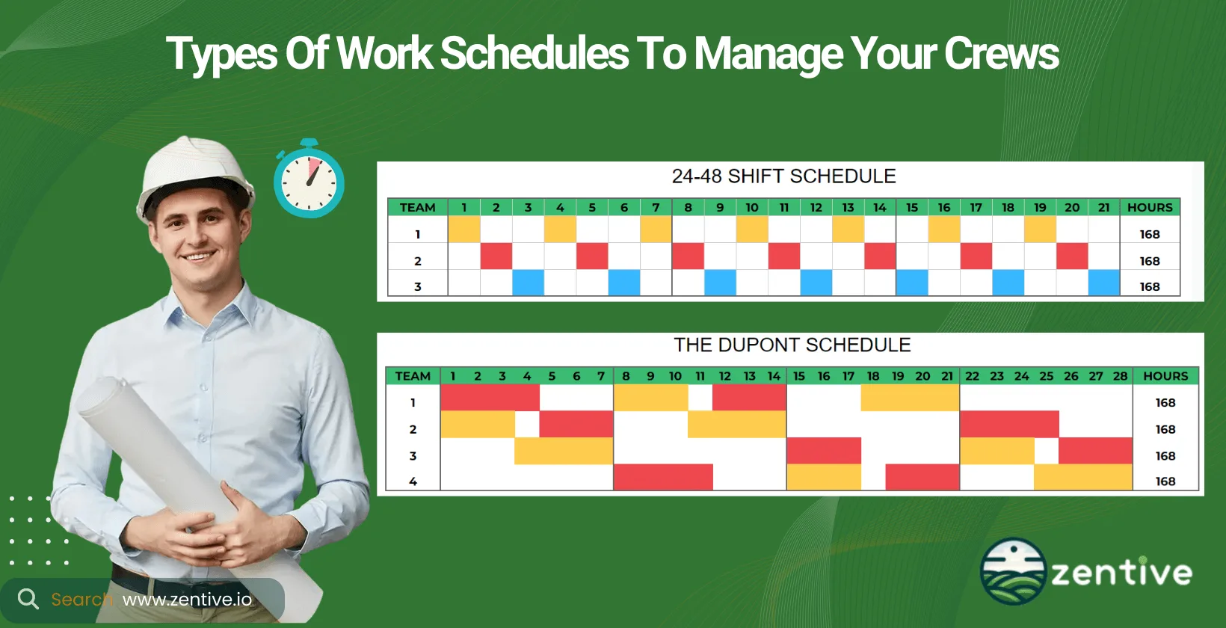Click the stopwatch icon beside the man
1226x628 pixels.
[309, 180]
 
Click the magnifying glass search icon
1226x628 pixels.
[28, 599]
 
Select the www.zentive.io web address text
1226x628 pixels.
[187, 600]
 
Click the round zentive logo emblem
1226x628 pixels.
[1013, 571]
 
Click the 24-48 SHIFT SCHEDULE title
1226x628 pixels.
[783, 176]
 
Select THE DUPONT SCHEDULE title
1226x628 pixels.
[792, 345]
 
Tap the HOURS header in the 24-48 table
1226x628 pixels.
[1150, 208]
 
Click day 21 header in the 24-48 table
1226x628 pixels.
[1103, 208]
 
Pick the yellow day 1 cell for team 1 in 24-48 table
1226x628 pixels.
[464, 230]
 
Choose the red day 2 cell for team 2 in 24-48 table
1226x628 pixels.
[496, 256]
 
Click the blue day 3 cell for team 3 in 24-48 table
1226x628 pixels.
[528, 283]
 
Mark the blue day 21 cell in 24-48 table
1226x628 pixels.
[1103, 283]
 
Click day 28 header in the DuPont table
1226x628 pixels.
[1120, 376]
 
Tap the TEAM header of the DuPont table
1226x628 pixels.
[413, 376]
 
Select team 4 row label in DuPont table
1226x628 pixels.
[413, 481]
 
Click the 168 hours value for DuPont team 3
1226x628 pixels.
[1165, 456]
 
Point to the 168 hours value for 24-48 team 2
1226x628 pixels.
[1150, 261]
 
